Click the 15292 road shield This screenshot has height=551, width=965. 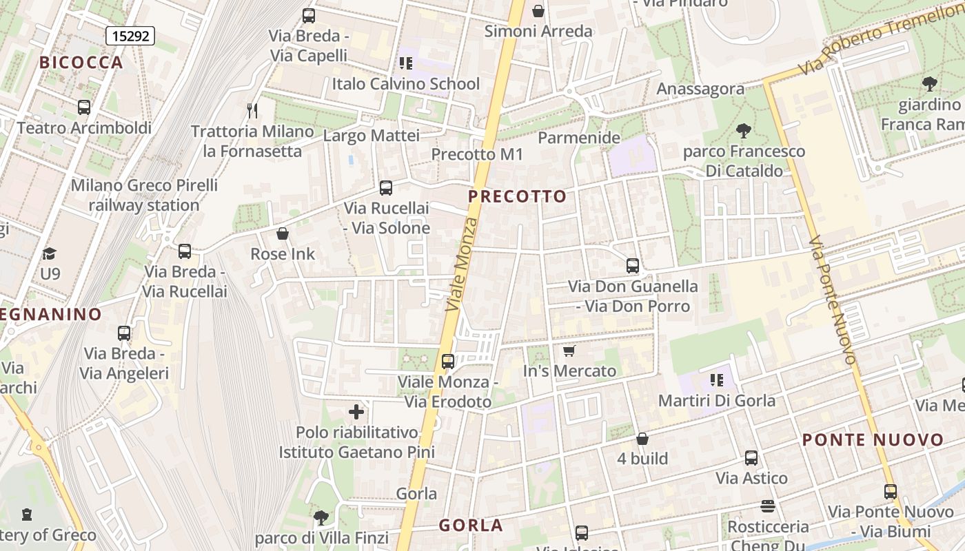(130, 36)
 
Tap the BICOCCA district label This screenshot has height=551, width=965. (81, 63)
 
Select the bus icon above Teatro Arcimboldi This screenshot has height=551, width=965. (84, 107)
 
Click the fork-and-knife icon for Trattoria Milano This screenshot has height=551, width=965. (252, 110)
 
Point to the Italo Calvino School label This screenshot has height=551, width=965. (406, 84)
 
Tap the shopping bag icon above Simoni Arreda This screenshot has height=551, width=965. (538, 11)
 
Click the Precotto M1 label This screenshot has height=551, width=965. (478, 154)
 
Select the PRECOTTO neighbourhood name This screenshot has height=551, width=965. (518, 196)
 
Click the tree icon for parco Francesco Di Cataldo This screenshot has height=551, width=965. (743, 130)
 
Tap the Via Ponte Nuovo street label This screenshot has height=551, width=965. (833, 300)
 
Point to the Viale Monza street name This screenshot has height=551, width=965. (462, 264)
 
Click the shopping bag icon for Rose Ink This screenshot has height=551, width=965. (282, 233)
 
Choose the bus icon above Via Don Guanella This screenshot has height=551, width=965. (633, 265)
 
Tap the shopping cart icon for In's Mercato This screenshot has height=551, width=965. (569, 351)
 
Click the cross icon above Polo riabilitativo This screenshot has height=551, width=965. (356, 413)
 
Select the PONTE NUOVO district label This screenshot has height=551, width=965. (873, 440)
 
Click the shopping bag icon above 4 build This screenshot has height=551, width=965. (642, 439)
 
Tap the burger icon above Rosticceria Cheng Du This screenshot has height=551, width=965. (769, 506)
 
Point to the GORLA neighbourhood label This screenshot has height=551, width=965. (471, 526)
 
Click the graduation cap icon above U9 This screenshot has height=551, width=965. (49, 253)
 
